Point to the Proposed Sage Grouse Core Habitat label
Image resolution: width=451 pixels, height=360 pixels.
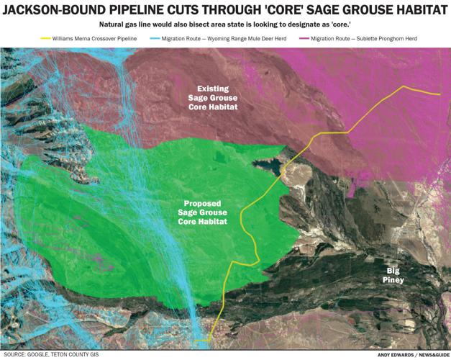(203, 212)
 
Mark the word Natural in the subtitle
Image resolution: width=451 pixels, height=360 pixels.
(116, 24)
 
